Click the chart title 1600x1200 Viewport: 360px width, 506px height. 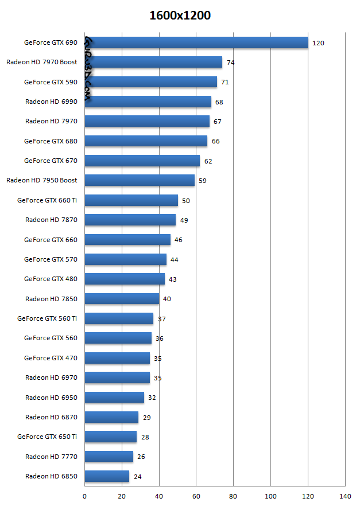180,15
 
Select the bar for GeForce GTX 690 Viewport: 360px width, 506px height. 196,42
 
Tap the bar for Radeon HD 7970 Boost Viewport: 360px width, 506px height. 153,62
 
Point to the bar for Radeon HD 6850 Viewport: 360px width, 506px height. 107,476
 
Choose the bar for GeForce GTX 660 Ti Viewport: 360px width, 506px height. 131,200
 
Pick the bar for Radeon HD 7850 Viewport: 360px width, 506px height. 122,299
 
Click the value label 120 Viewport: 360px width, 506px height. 318,43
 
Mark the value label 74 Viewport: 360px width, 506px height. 231,63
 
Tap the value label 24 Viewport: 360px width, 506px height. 137,477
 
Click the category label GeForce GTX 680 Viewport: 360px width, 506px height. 51,141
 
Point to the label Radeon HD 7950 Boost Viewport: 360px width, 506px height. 42,180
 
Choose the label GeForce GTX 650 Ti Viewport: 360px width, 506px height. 47,437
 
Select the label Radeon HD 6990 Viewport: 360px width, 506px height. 51,102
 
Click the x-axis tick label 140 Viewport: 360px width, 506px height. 344,496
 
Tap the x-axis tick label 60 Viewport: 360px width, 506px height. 196,496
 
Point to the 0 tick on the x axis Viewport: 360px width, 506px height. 85,496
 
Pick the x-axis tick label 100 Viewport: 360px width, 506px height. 270,496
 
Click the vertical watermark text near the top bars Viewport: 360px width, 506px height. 88,69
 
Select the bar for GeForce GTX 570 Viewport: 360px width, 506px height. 126,259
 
